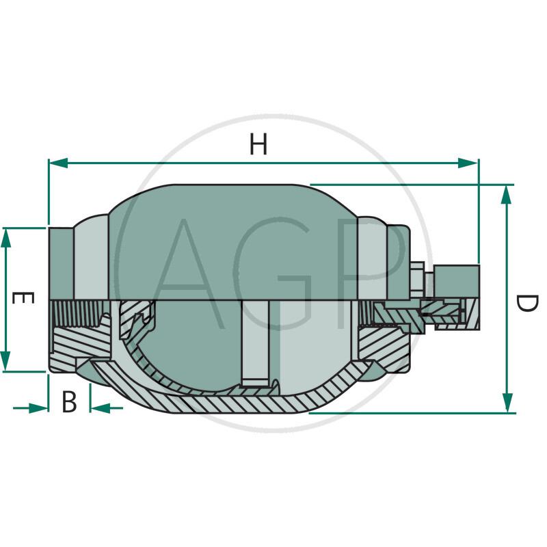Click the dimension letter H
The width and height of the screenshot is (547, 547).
(x=258, y=144)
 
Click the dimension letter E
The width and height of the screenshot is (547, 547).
(x=23, y=298)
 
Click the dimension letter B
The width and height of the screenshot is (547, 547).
(x=69, y=401)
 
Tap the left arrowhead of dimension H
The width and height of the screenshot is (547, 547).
(x=58, y=163)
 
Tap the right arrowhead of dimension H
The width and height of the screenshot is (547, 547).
(x=468, y=163)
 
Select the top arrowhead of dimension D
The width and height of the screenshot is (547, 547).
(x=506, y=195)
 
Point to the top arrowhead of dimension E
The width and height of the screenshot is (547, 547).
(x=6, y=238)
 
